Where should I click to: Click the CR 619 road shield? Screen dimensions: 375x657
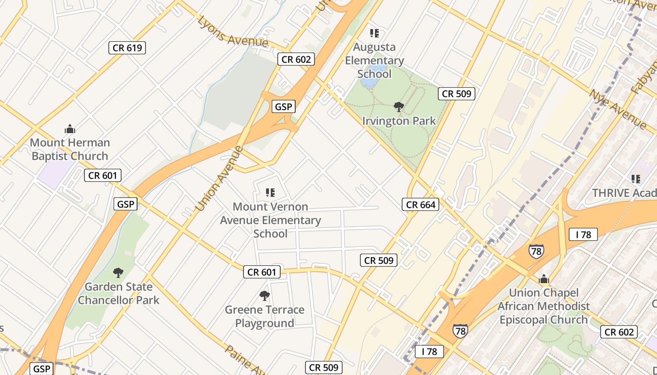pyautogui.click(x=127, y=47)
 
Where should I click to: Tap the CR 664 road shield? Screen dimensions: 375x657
pyautogui.click(x=420, y=204)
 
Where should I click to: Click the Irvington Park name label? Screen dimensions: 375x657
pyautogui.click(x=399, y=121)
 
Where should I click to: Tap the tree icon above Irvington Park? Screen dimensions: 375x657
pyautogui.click(x=399, y=107)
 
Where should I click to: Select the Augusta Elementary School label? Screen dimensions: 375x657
pyautogui.click(x=374, y=60)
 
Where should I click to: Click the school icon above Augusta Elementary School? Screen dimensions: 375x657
pyautogui.click(x=374, y=33)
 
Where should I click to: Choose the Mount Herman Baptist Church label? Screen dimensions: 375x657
pyautogui.click(x=70, y=149)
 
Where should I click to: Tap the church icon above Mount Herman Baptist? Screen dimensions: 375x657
pyautogui.click(x=70, y=129)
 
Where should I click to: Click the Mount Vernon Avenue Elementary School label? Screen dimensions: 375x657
pyautogui.click(x=270, y=220)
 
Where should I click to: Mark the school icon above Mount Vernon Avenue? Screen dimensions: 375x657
pyautogui.click(x=270, y=192)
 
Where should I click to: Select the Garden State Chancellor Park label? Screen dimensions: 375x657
pyautogui.click(x=118, y=293)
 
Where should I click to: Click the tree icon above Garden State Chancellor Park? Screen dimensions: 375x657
pyautogui.click(x=118, y=272)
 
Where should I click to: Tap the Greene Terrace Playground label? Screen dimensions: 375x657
pyautogui.click(x=265, y=316)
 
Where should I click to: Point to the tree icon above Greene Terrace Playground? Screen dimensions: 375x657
pyautogui.click(x=265, y=295)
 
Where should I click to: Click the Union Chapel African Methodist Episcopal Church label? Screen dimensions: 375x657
pyautogui.click(x=543, y=306)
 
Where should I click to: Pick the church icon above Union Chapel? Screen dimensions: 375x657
pyautogui.click(x=544, y=280)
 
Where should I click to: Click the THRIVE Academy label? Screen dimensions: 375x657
pyautogui.click(x=624, y=193)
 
